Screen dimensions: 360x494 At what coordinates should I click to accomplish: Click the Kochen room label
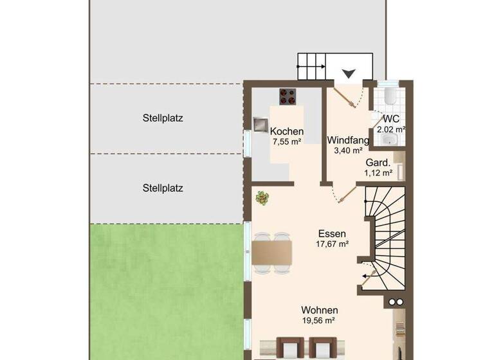click(286, 130)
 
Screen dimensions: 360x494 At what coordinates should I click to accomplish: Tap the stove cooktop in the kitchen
click(287, 96)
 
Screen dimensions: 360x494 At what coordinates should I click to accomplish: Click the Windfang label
click(348, 140)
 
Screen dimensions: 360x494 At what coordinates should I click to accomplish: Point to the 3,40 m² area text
click(348, 151)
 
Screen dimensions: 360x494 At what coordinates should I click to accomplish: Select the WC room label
click(391, 120)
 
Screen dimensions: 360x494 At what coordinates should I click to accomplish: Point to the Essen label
click(332, 233)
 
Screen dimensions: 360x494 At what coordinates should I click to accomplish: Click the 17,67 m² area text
click(332, 244)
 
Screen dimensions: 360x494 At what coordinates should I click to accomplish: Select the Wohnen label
click(320, 310)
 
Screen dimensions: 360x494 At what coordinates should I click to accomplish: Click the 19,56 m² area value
click(320, 321)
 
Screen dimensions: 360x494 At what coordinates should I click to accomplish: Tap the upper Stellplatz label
click(163, 118)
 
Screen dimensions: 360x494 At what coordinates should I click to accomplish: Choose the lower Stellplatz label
click(163, 188)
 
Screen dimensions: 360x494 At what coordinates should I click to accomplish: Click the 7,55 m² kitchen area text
click(287, 141)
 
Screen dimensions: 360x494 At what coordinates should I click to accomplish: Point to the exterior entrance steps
click(311, 67)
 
